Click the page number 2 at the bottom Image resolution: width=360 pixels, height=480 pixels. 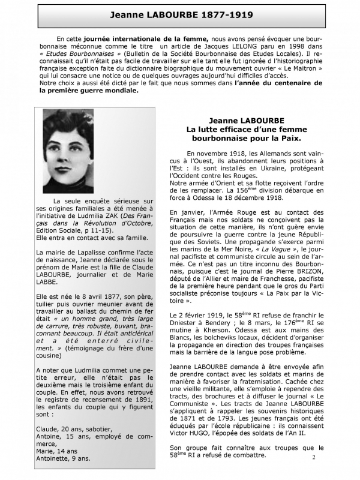click(313, 457)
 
